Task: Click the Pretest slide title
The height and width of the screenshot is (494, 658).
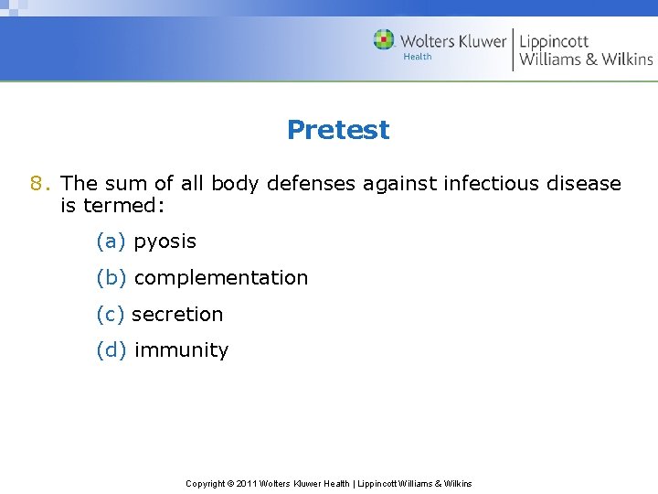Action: pos(337,130)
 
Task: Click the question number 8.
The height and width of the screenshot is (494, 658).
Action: pos(37,183)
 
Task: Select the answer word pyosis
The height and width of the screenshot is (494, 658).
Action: pos(164,242)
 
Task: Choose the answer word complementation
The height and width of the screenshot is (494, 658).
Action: pos(220,277)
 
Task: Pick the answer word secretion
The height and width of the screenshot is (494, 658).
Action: pos(177,314)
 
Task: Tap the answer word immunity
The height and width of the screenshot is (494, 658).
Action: pos(181,349)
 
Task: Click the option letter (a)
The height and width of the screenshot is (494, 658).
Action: pos(110,242)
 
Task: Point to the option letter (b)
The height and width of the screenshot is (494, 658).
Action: pos(110,277)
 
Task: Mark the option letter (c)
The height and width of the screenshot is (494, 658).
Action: pos(110,314)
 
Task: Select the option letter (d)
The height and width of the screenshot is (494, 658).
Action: pos(110,349)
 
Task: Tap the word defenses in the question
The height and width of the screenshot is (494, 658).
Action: pos(311,183)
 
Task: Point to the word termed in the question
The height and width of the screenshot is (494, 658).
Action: pos(123,206)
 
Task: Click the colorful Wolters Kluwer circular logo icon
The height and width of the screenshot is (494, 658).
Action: pos(384,40)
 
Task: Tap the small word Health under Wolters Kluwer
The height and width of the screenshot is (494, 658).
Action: pos(417,57)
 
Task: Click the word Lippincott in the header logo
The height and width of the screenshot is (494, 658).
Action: pos(554,41)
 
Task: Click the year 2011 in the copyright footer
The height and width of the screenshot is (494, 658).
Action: pos(247,483)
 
